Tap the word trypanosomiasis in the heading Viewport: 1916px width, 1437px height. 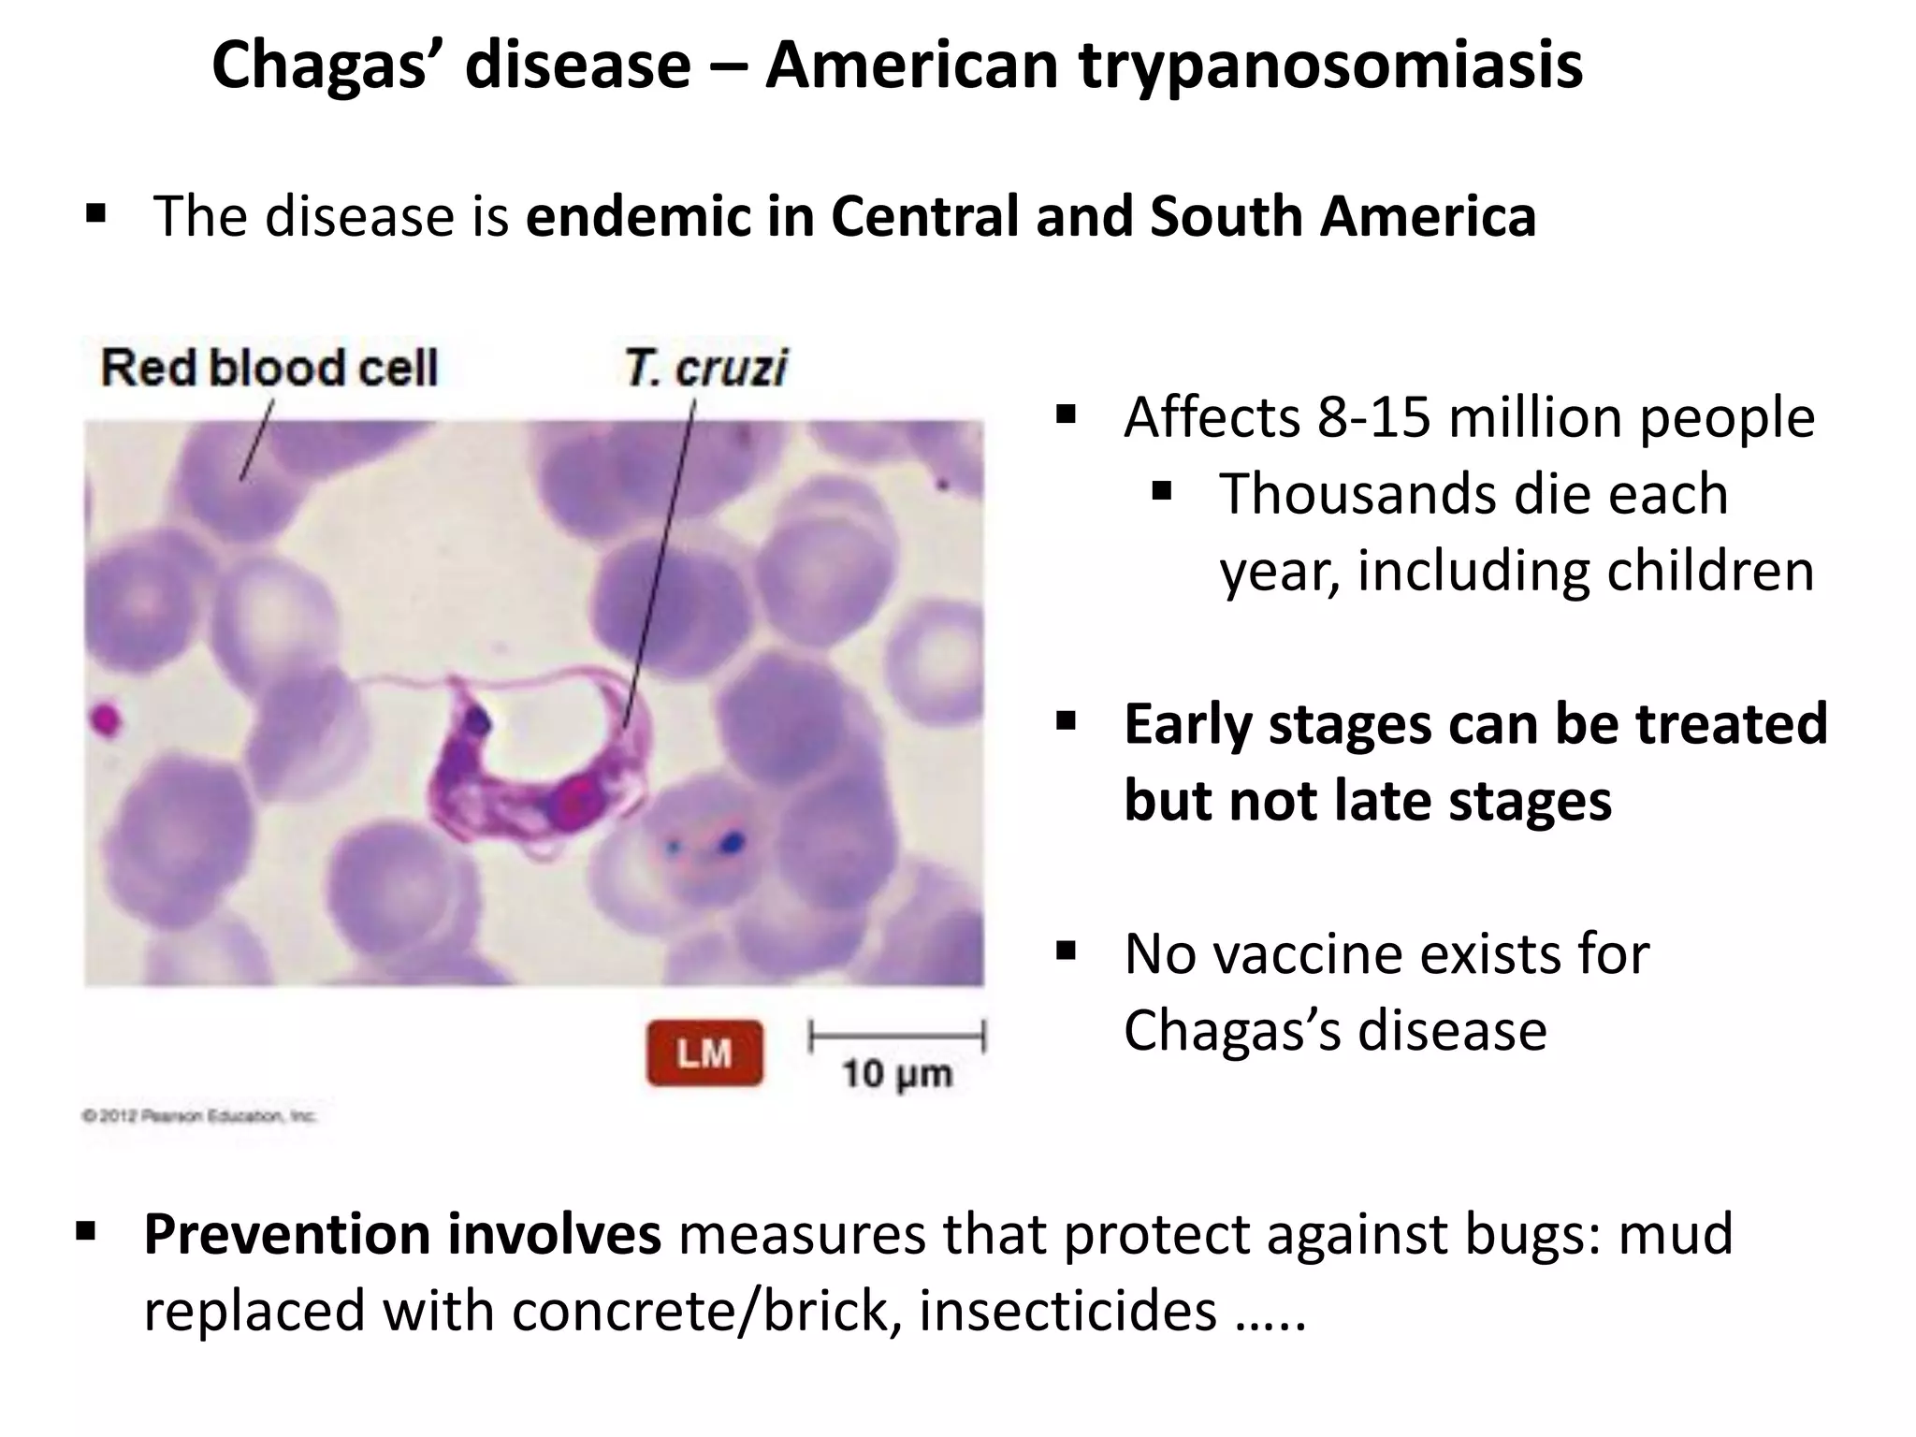pyautogui.click(x=1330, y=67)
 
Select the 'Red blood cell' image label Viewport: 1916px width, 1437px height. pyautogui.click(x=269, y=367)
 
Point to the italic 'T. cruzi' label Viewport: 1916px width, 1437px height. pyautogui.click(x=706, y=367)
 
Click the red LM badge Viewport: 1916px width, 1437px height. pyautogui.click(x=704, y=1053)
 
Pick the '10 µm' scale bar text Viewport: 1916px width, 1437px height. pyautogui.click(x=896, y=1073)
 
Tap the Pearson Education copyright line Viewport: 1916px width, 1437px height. pyautogui.click(x=199, y=1115)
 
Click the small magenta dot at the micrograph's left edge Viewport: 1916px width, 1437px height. pyautogui.click(x=105, y=721)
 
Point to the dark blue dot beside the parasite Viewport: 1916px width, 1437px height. pyautogui.click(x=731, y=843)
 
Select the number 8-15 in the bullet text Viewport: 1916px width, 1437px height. pyautogui.click(x=1374, y=417)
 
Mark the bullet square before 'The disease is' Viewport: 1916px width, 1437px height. pyautogui.click(x=94, y=215)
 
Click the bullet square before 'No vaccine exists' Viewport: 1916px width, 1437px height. pyautogui.click(x=1066, y=952)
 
